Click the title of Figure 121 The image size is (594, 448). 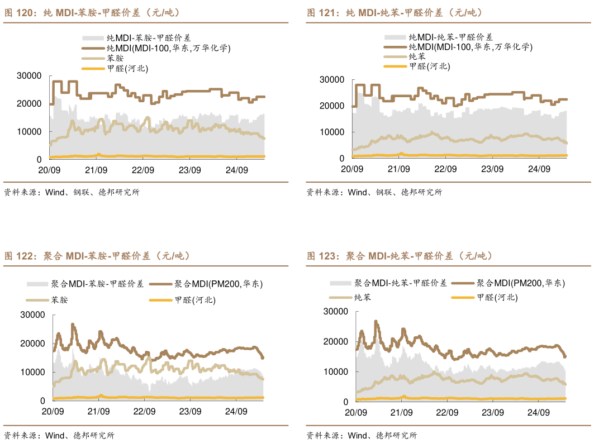(395, 13)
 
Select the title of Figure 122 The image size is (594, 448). (98, 256)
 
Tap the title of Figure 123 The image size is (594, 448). (400, 256)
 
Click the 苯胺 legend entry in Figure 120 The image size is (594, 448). (114, 58)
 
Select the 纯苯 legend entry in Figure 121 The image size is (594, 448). (417, 56)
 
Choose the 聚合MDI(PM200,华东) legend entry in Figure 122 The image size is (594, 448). (218, 284)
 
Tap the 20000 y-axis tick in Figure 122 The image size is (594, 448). (32, 344)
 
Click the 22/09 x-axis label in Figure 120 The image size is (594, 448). (143, 170)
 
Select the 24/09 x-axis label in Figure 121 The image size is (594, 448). (539, 169)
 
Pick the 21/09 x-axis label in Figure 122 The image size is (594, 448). (98, 412)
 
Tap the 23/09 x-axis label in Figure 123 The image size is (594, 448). (493, 413)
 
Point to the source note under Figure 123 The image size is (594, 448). (361, 436)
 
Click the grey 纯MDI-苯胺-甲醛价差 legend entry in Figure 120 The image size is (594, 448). (149, 38)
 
